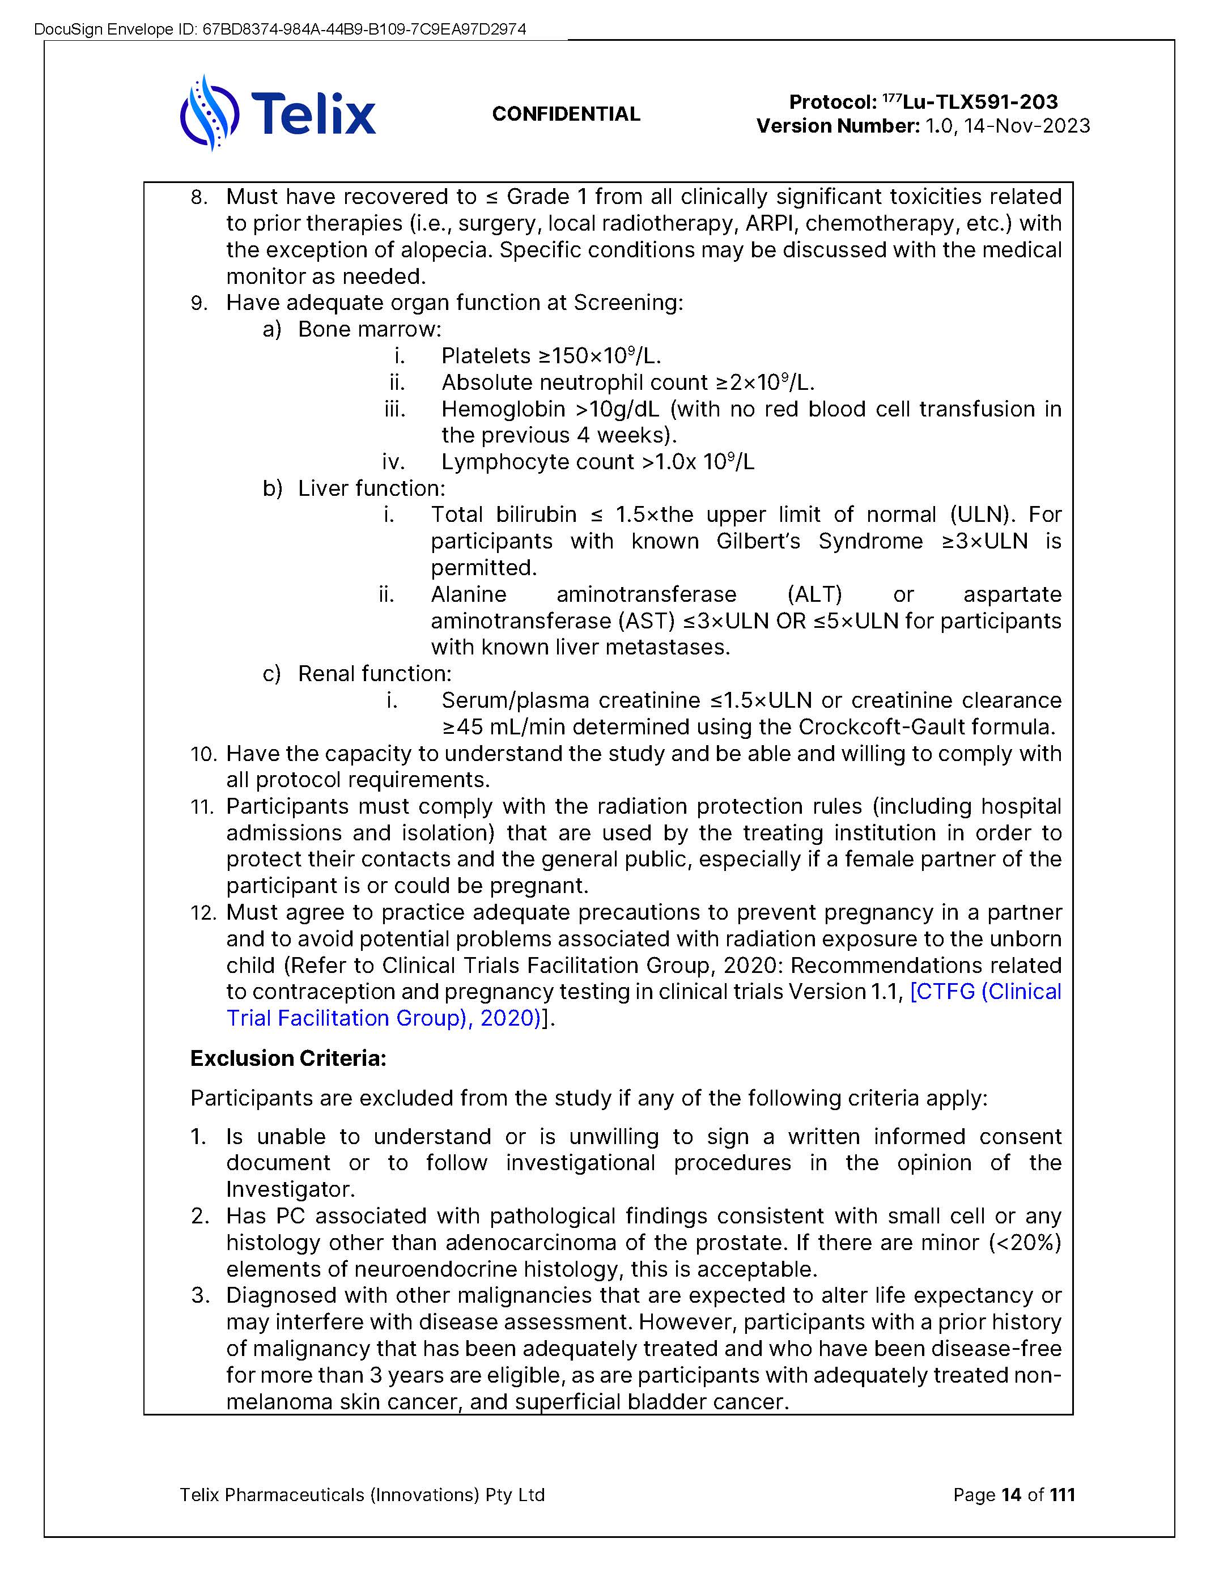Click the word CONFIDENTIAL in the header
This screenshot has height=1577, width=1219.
(566, 114)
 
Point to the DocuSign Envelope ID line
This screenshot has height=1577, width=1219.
(279, 29)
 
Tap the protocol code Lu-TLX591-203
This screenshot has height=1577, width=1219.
(980, 102)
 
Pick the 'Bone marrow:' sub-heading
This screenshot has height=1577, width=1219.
(369, 329)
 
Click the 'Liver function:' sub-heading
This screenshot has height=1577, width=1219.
(371, 489)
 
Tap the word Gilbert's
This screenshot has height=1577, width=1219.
(758, 542)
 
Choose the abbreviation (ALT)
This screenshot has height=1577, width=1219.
(814, 594)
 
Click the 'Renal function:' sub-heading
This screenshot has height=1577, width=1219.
(374, 674)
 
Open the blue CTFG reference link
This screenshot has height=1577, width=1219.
(985, 992)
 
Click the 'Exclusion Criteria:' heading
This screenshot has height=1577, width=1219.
(288, 1059)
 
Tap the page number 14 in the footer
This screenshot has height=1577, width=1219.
(1010, 1495)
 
